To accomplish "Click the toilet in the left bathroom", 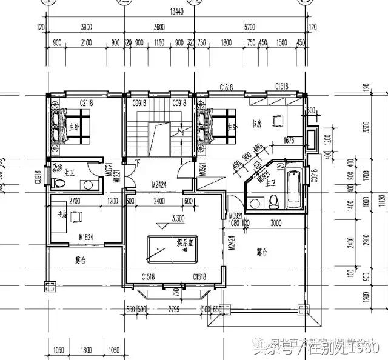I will coord(59,182).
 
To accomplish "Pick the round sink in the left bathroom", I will coord(89,185).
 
